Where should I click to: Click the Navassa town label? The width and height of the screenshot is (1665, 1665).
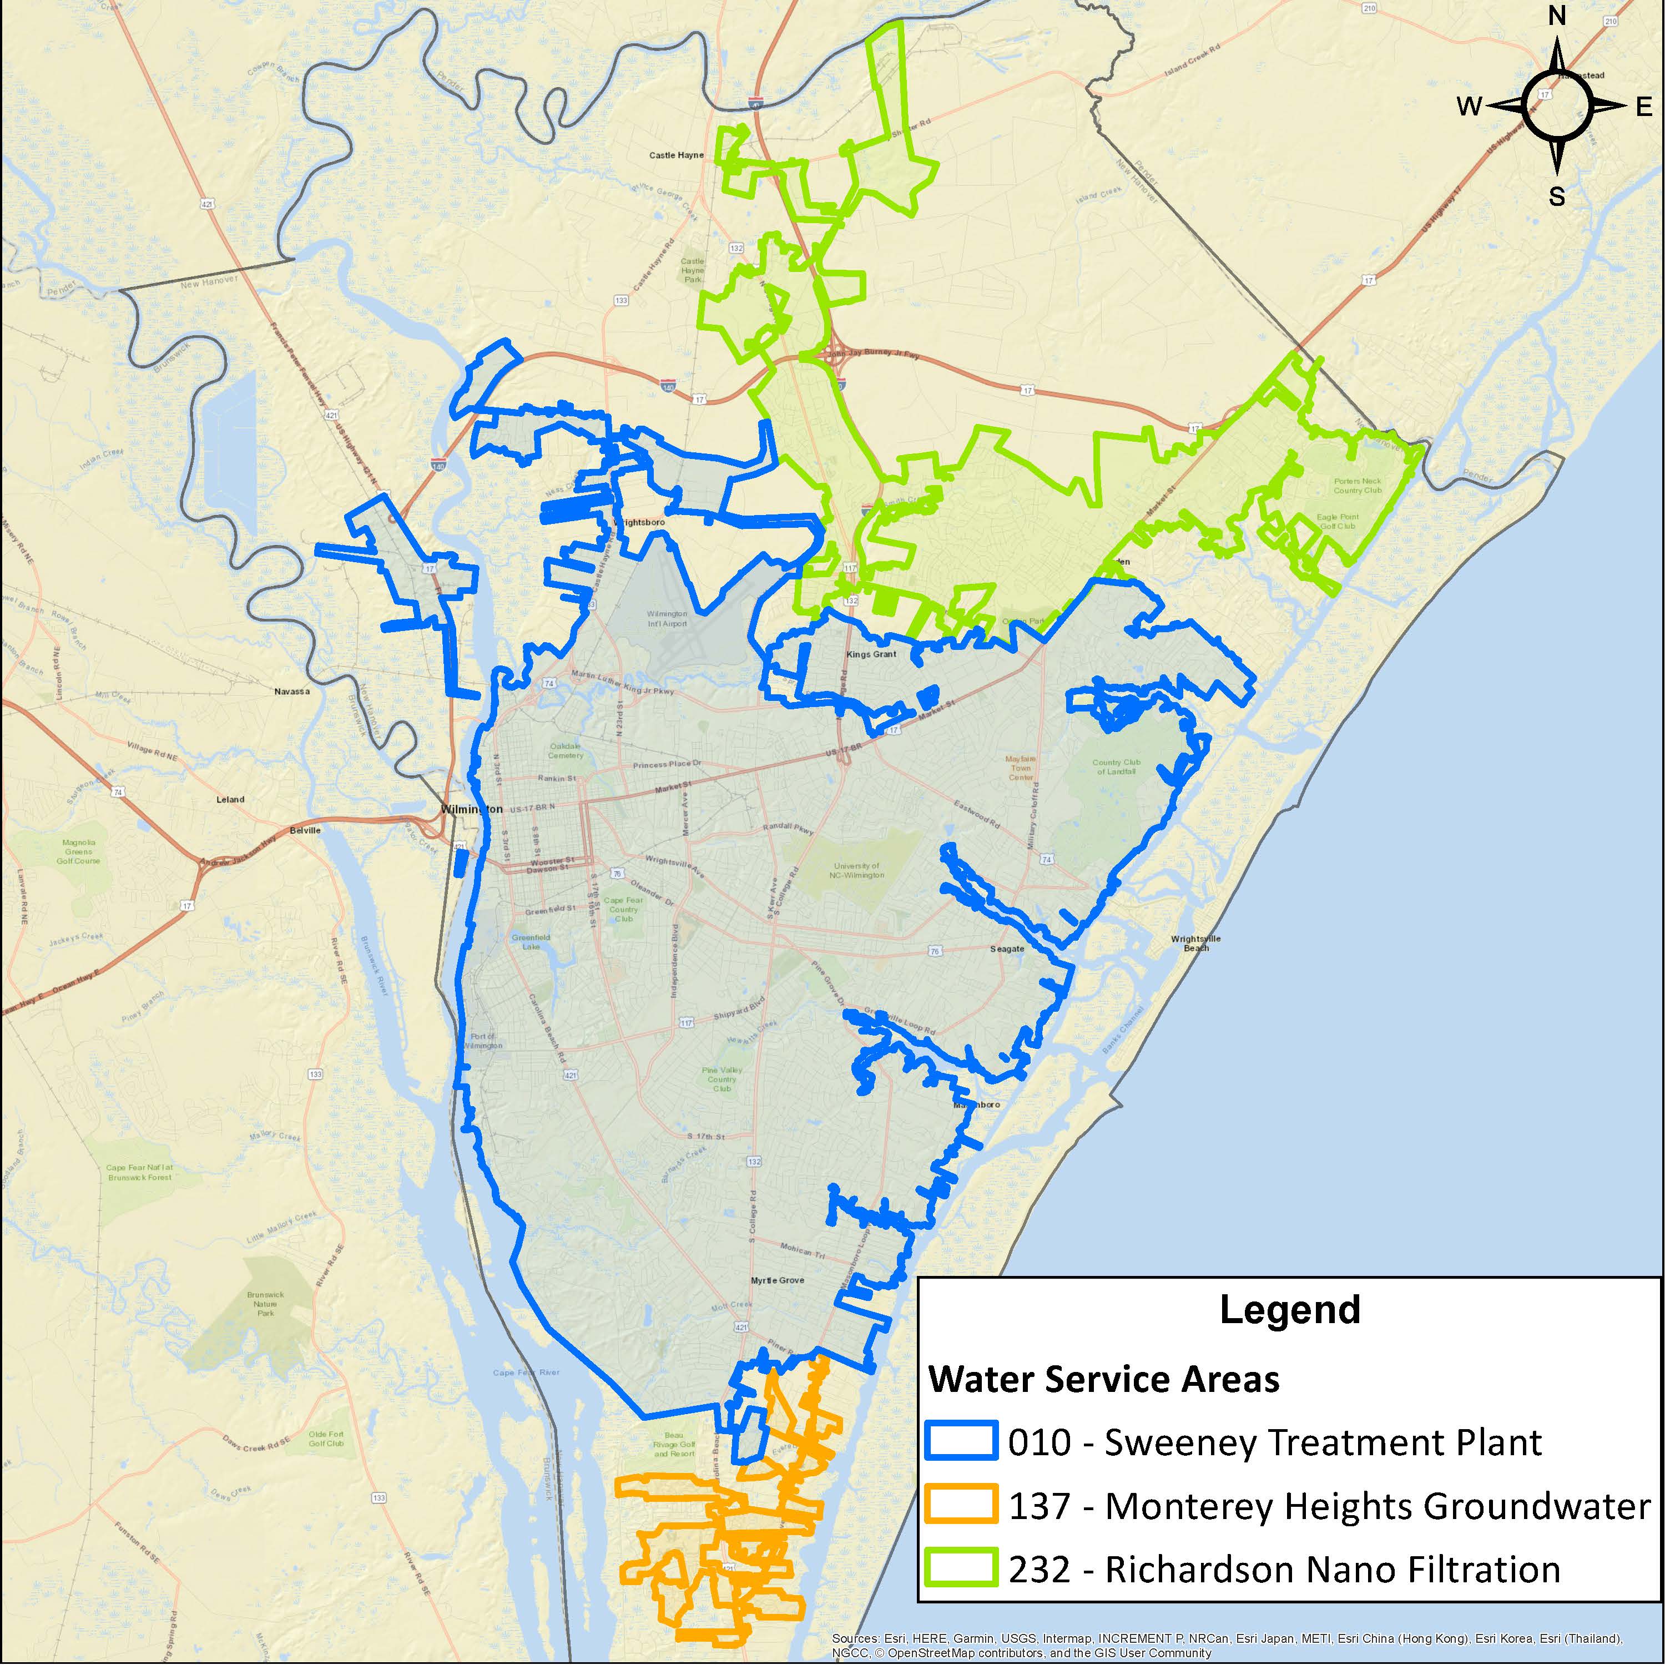[291, 691]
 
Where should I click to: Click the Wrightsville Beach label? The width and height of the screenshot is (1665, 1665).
[1195, 943]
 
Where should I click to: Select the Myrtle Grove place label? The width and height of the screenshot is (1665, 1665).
[778, 1280]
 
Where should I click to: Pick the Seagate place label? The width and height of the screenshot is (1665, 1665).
[1007, 949]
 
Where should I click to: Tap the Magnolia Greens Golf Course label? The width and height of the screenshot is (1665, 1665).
[78, 851]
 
